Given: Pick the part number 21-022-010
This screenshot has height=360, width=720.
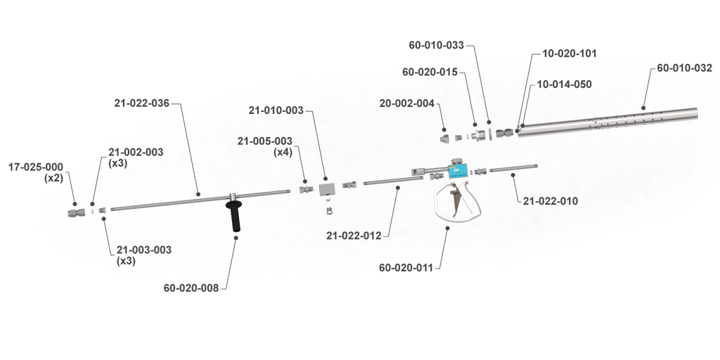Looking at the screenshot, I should coord(551,201).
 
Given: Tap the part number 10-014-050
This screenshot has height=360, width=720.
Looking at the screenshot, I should coord(565,83).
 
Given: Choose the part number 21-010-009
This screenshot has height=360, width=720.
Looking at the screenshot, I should coord(276,110).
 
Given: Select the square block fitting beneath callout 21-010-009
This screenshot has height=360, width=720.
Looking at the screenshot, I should coord(327,189).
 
